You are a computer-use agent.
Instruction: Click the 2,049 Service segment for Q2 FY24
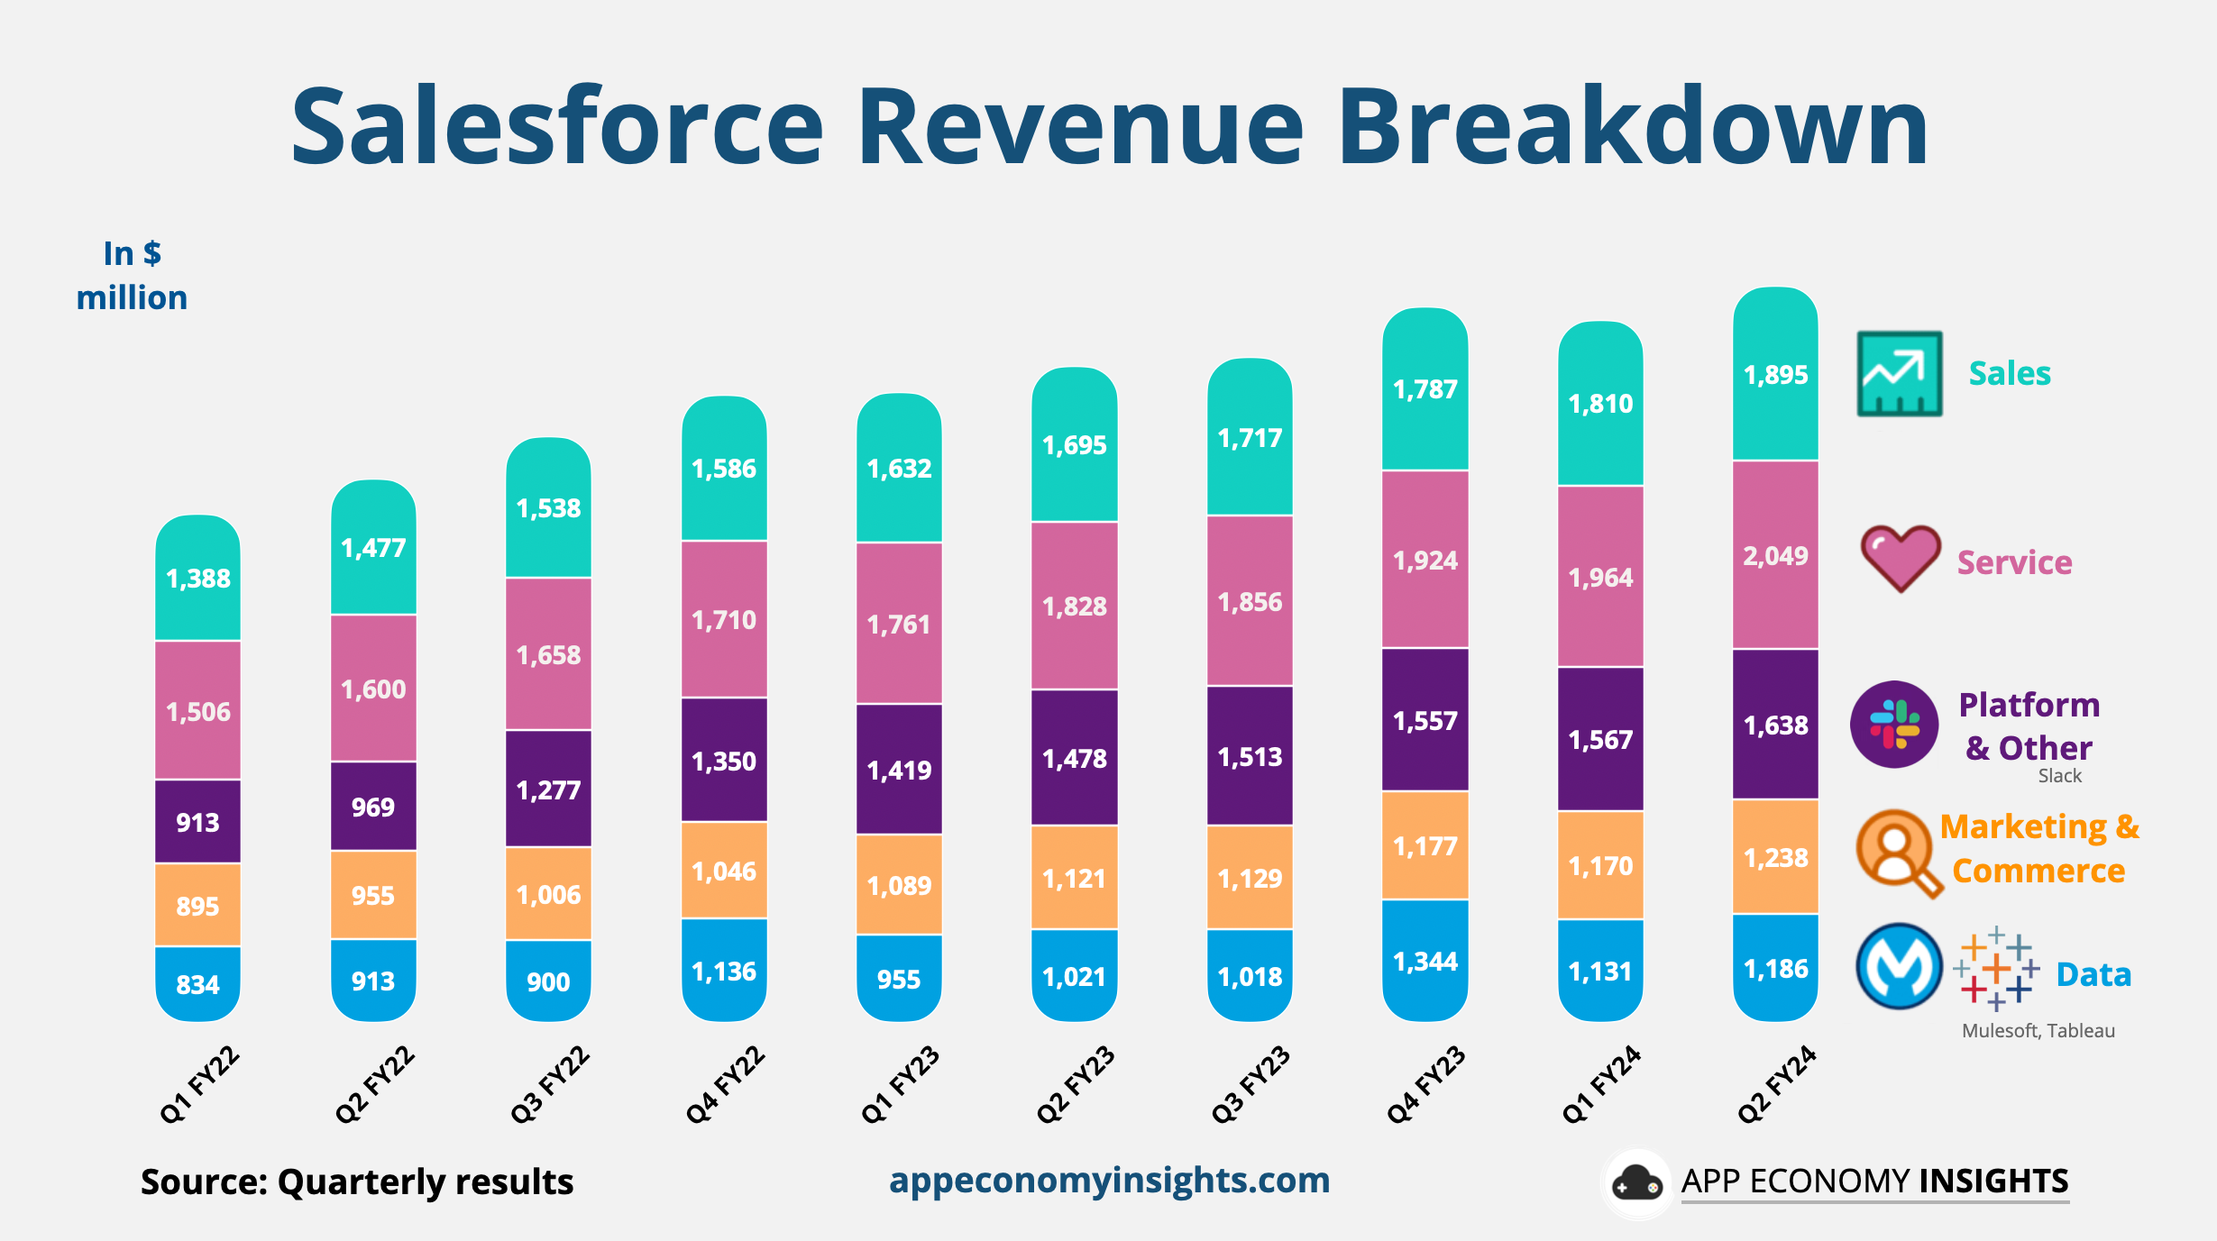1775,555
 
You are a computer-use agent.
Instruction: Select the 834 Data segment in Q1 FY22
197,983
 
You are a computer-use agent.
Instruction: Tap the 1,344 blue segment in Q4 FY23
1425,961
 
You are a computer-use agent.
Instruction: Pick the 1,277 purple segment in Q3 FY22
548,789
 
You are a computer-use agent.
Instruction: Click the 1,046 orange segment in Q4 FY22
724,871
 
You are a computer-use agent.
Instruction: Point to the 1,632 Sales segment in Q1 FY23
899,468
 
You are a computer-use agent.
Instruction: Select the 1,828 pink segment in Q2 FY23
1074,606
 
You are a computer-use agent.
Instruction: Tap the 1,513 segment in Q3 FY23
1250,756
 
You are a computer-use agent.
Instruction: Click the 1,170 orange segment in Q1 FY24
1600,865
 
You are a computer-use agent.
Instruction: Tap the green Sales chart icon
1899,373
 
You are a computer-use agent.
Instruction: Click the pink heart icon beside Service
1900,558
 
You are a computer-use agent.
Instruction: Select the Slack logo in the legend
1894,725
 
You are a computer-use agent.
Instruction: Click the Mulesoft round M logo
1899,967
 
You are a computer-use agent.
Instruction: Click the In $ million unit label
132,275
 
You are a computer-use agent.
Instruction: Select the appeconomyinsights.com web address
1109,1180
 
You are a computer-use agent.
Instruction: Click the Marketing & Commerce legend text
2039,848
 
